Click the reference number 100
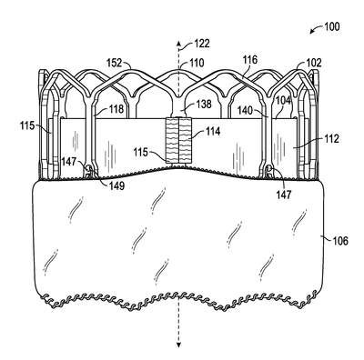tap(331, 26)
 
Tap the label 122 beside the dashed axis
tap(201, 44)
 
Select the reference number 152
tap(114, 63)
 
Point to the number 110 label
tap(197, 63)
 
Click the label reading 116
tap(249, 60)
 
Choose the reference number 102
tap(313, 63)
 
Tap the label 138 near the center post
tap(204, 104)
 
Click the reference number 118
tap(116, 109)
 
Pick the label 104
tap(283, 101)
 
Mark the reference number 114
tap(213, 132)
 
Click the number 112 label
tap(330, 139)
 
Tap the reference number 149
tap(116, 185)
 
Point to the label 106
tap(340, 241)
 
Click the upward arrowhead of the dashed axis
tap(179, 43)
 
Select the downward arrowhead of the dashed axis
tap(179, 344)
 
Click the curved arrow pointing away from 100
tap(316, 30)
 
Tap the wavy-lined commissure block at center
tap(179, 140)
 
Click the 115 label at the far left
tap(27, 125)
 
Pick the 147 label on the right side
tap(284, 194)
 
